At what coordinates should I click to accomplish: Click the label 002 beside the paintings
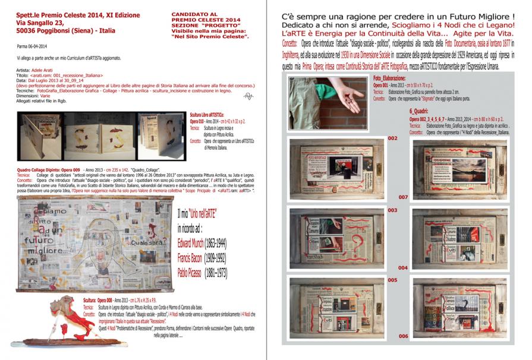392,138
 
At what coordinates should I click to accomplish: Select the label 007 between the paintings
402,197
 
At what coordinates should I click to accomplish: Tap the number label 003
392,210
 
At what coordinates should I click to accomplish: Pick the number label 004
402,268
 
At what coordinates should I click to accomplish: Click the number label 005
392,280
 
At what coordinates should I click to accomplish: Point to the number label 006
403,337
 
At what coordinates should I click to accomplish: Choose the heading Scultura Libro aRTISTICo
207,113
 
